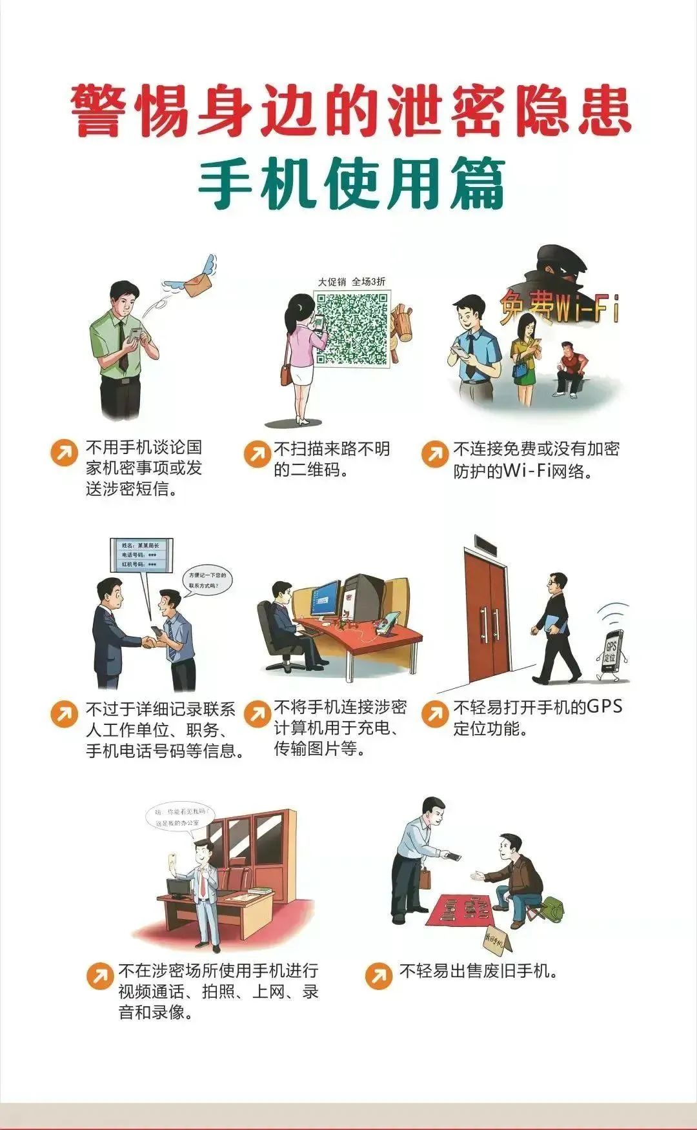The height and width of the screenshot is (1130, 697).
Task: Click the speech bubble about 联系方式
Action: tap(207, 580)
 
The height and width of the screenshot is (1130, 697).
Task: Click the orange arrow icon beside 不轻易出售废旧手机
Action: tap(378, 975)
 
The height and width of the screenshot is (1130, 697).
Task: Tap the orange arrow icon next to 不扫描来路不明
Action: tap(258, 453)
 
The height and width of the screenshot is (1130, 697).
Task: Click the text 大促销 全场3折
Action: tap(352, 282)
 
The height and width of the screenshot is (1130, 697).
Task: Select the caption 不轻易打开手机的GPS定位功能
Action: tap(538, 717)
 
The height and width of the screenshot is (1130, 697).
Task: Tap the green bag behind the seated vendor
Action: tap(552, 910)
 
